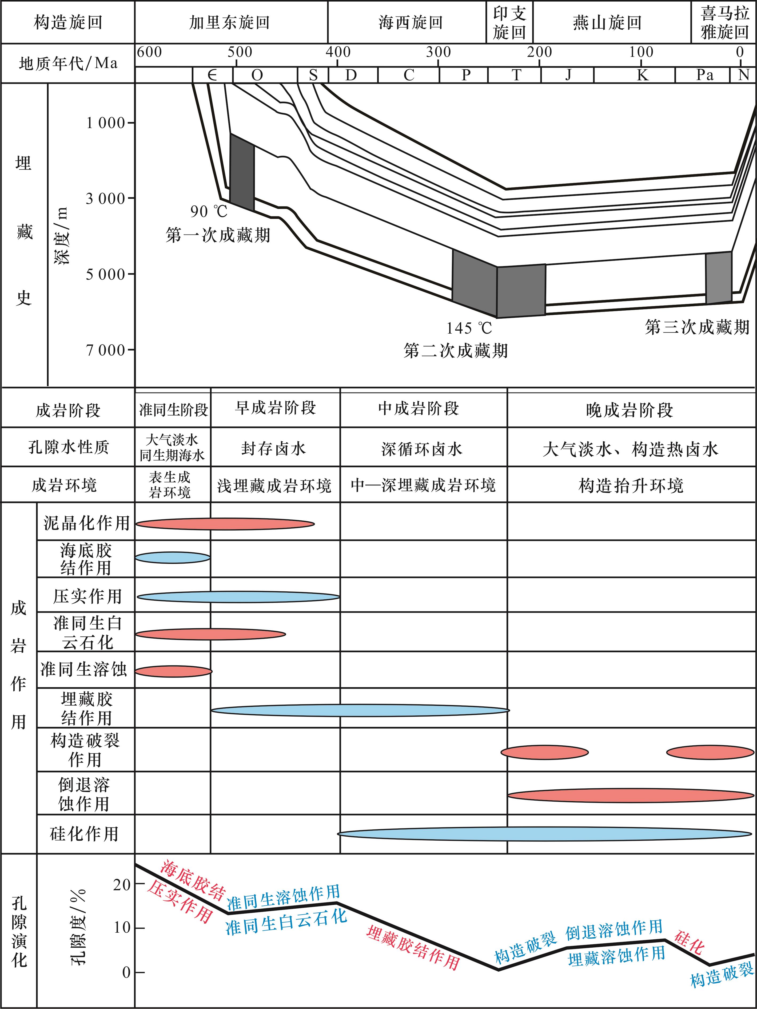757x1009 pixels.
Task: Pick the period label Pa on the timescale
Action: (x=704, y=74)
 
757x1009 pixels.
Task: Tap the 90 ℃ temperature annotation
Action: (x=209, y=211)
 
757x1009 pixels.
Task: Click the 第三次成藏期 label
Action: (x=697, y=327)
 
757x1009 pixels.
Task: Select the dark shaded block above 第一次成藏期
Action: (x=242, y=172)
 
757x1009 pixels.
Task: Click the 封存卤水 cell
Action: (x=274, y=448)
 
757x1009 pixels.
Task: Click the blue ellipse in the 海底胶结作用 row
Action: (x=172, y=557)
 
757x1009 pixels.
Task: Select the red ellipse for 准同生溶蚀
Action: (x=173, y=671)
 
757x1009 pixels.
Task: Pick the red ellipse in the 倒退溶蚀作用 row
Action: (x=631, y=796)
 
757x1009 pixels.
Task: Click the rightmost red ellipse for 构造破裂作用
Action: (x=710, y=752)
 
